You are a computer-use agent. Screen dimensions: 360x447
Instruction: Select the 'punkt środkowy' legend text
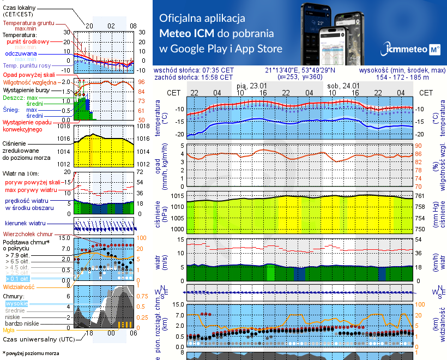pyautogui.click(x=28, y=41)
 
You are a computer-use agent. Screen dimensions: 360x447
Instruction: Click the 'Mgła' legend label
pyautogui.click(x=9, y=330)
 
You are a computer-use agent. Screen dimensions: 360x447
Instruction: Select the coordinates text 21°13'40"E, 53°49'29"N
pyautogui.click(x=300, y=70)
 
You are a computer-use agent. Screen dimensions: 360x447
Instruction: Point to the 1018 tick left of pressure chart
pyautogui.click(x=64, y=127)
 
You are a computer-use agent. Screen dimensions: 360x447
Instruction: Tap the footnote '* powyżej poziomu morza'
pyautogui.click(x=31, y=353)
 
